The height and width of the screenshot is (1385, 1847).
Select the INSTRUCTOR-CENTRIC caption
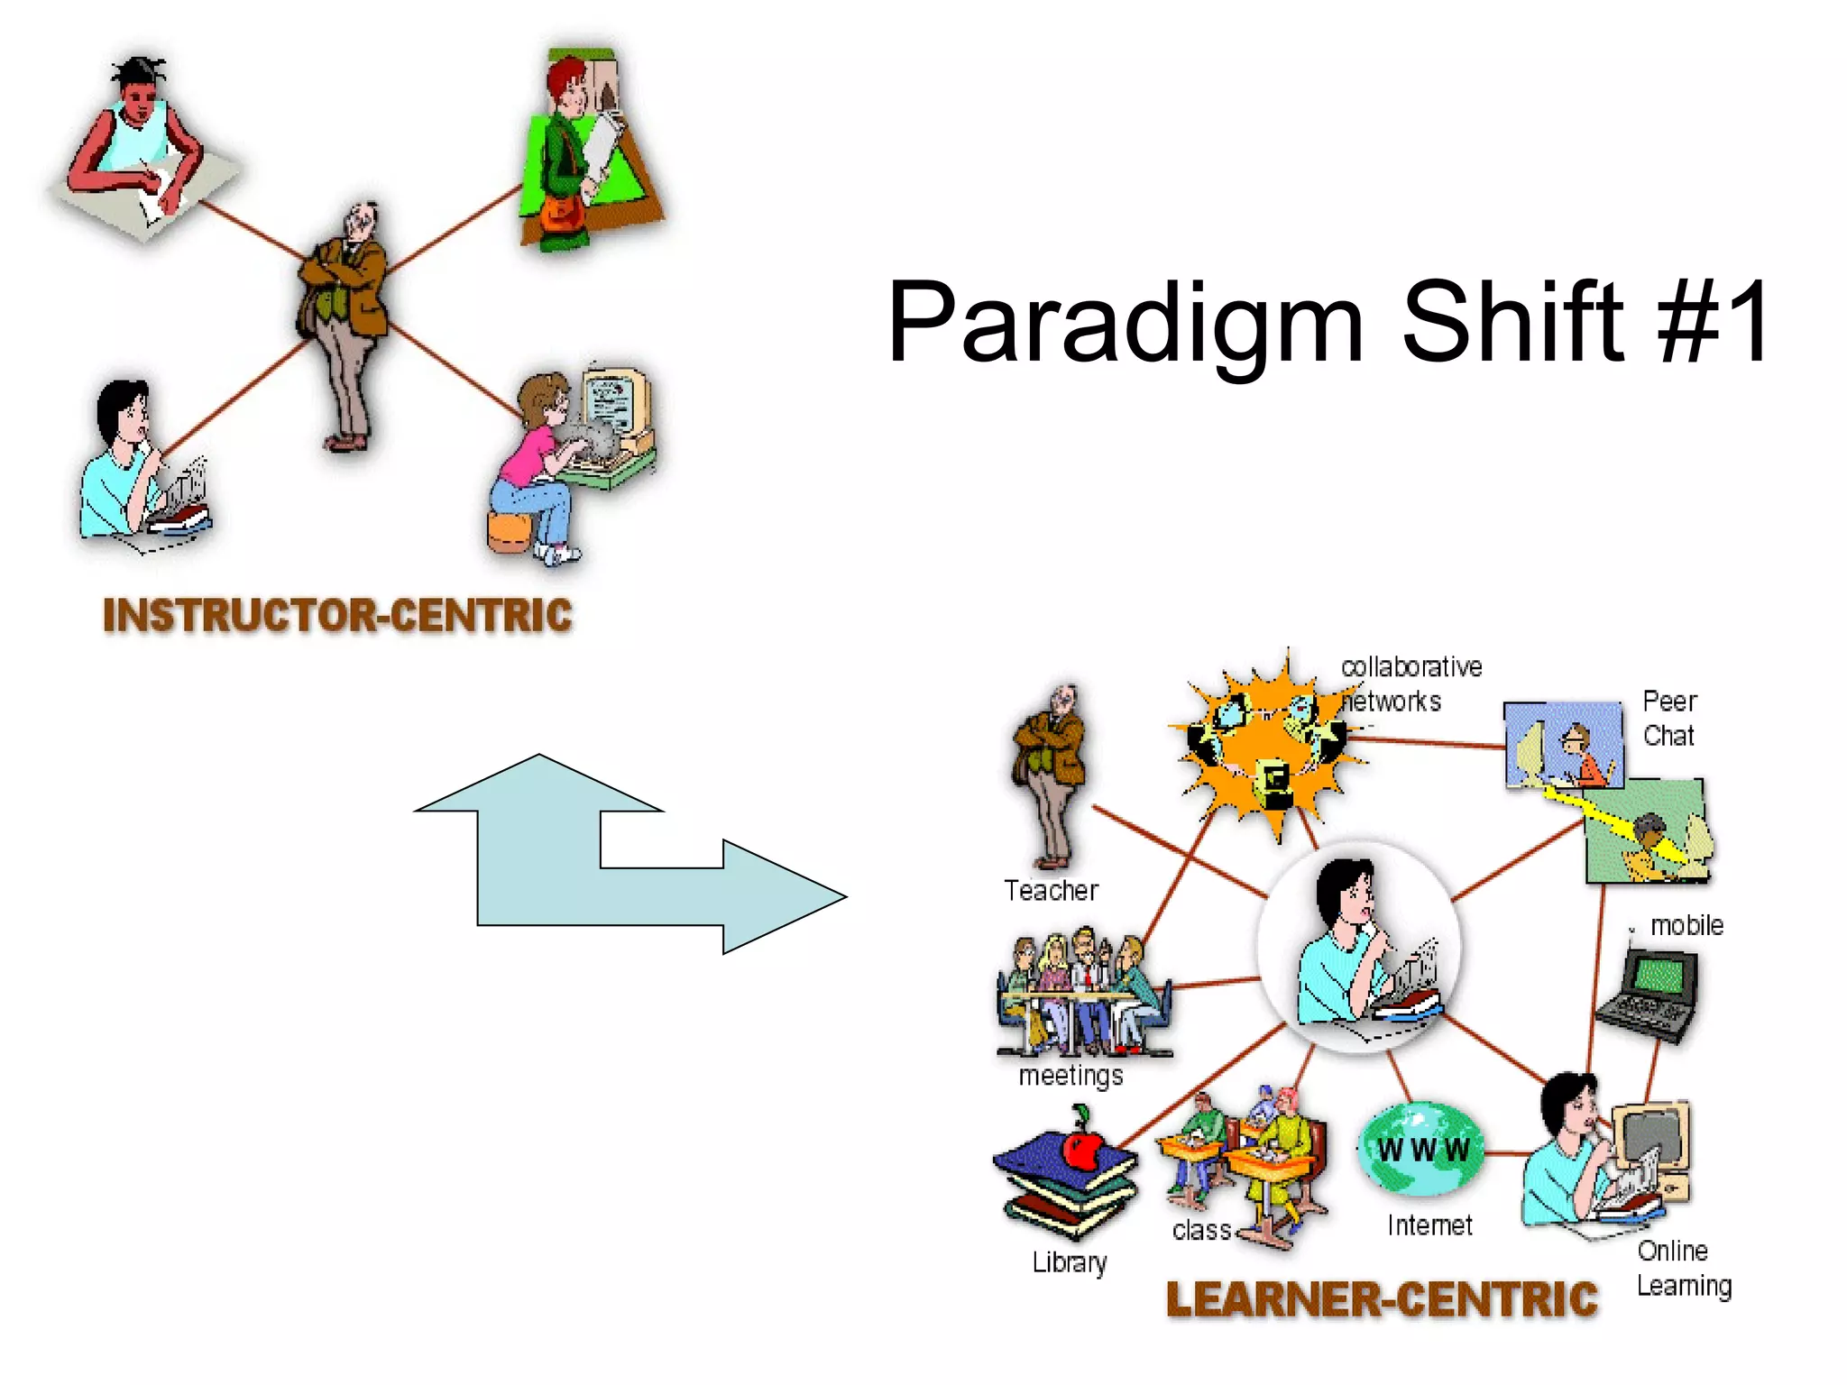[x=337, y=616]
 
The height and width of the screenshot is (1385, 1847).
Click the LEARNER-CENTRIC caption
[x=1382, y=1299]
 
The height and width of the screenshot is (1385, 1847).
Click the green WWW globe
[x=1422, y=1149]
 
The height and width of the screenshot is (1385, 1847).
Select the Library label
[x=1070, y=1262]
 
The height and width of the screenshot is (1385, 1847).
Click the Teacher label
[x=1051, y=891]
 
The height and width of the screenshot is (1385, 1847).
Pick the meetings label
[x=1071, y=1076]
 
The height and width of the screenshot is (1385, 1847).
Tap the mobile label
[x=1686, y=926]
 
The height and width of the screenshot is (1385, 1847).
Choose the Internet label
[x=1429, y=1225]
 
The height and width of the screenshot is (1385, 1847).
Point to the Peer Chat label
[x=1668, y=718]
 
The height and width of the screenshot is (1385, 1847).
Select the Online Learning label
[x=1683, y=1268]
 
